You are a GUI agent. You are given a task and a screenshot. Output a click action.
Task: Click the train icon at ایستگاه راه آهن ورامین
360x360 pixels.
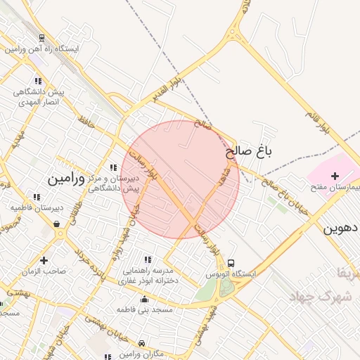43,39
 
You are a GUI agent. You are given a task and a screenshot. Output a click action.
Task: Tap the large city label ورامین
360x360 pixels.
66,179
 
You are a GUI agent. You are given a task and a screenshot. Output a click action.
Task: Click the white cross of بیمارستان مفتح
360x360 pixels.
335,176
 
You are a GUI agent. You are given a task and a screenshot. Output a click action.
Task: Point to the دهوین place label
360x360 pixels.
342,229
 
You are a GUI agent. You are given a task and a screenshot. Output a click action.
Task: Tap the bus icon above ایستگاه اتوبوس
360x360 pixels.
231,261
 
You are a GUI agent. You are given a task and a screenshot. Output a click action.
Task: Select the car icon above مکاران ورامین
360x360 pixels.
143,343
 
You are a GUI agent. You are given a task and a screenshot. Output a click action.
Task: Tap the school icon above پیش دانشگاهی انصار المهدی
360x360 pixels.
38,82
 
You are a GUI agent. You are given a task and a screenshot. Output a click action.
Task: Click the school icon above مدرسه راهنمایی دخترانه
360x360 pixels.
147,259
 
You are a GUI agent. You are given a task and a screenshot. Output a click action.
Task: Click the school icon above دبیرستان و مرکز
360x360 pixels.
114,167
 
